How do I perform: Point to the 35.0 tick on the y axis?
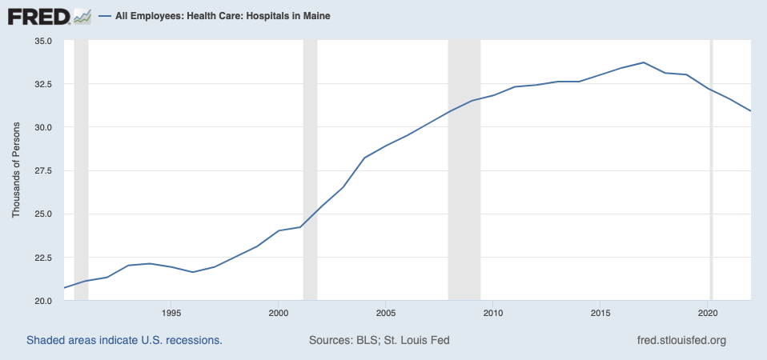pos(42,41)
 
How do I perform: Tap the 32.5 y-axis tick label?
pos(42,84)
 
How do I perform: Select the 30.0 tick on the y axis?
pos(42,127)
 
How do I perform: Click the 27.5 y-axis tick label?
pos(42,171)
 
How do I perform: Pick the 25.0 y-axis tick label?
pos(42,214)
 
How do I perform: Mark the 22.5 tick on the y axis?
pos(42,258)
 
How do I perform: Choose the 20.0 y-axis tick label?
pos(42,301)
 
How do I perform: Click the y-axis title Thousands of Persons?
pos(15,170)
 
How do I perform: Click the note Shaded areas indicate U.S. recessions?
pos(124,340)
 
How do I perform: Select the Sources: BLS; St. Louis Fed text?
pos(379,340)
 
